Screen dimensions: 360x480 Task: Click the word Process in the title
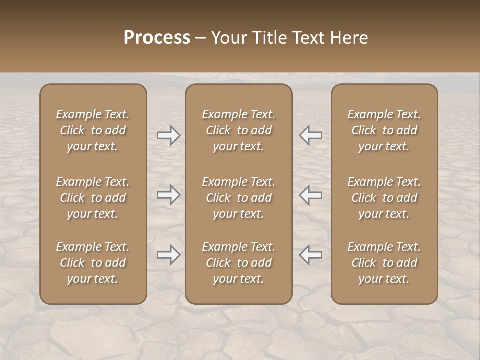pyautogui.click(x=157, y=38)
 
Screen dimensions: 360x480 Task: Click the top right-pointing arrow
pyautogui.click(x=169, y=135)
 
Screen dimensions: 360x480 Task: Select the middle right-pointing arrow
pyautogui.click(x=169, y=195)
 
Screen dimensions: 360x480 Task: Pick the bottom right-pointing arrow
pyautogui.click(x=169, y=255)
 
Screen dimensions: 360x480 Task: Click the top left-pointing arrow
pyautogui.click(x=311, y=135)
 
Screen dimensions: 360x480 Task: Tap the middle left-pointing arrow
pyautogui.click(x=311, y=195)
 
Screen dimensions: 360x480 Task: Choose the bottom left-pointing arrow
pyautogui.click(x=311, y=255)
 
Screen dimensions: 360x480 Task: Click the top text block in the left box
pyautogui.click(x=93, y=130)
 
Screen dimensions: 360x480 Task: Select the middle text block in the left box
pyautogui.click(x=93, y=198)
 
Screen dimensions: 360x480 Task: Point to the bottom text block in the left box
pyautogui.click(x=93, y=263)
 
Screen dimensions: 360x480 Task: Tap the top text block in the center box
pyautogui.click(x=239, y=130)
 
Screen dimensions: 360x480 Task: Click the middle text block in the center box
pyautogui.click(x=239, y=198)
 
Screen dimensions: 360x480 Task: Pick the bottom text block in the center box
pyautogui.click(x=239, y=263)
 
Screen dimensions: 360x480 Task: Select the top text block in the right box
pyautogui.click(x=384, y=130)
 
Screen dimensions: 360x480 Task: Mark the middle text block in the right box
pyautogui.click(x=384, y=198)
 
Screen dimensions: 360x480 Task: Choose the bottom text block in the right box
pyautogui.click(x=384, y=263)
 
